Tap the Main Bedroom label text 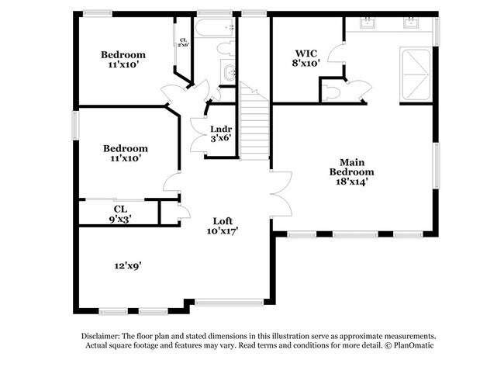(351, 171)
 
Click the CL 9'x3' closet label (120, 213)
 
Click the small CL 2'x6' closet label (184, 43)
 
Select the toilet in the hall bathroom (225, 49)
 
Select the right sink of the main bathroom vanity (410, 23)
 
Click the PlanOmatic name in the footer (411, 347)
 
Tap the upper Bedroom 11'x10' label (123, 60)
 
